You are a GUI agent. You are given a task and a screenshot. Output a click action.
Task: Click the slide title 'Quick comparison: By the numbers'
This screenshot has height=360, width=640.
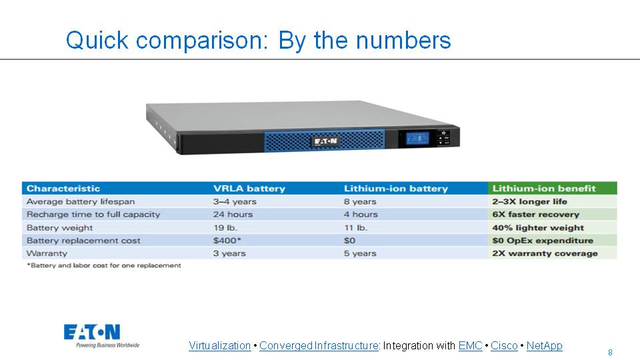point(258,41)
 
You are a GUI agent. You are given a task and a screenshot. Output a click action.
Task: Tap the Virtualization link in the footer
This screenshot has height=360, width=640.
point(219,346)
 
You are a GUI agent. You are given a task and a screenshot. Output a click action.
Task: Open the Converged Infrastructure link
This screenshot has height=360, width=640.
point(319,346)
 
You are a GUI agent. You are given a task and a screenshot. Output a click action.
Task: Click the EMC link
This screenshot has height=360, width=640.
point(470,346)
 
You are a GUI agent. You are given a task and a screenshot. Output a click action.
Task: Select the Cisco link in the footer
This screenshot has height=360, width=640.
point(504,346)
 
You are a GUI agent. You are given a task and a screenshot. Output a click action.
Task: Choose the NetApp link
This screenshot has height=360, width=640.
point(544,346)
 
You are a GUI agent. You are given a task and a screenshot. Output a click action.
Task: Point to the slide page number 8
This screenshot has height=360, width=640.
point(610,352)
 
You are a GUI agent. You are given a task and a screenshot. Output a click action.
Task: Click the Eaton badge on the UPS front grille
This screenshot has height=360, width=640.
point(325,141)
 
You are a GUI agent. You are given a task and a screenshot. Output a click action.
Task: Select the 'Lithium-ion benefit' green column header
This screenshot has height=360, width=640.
point(544,188)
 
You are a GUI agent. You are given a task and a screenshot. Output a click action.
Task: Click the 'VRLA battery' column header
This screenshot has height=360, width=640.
point(249,188)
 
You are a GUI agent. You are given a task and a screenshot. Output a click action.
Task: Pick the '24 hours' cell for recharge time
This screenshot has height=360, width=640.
point(233,215)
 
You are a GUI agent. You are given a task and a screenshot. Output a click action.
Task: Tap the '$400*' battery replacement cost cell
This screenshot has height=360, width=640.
point(227,241)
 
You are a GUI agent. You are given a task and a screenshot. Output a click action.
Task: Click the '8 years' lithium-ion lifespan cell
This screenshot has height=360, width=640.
point(360,201)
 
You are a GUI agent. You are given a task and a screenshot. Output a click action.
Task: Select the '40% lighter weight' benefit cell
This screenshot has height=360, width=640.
point(537,227)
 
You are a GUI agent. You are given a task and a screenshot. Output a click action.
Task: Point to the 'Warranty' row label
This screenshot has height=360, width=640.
point(47,253)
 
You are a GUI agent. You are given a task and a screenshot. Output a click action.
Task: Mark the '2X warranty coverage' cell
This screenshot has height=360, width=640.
point(545,253)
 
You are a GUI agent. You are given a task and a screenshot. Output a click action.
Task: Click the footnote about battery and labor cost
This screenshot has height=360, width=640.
point(103,265)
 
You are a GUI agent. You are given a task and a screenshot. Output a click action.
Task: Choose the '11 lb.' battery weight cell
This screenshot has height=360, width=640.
point(355,227)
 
